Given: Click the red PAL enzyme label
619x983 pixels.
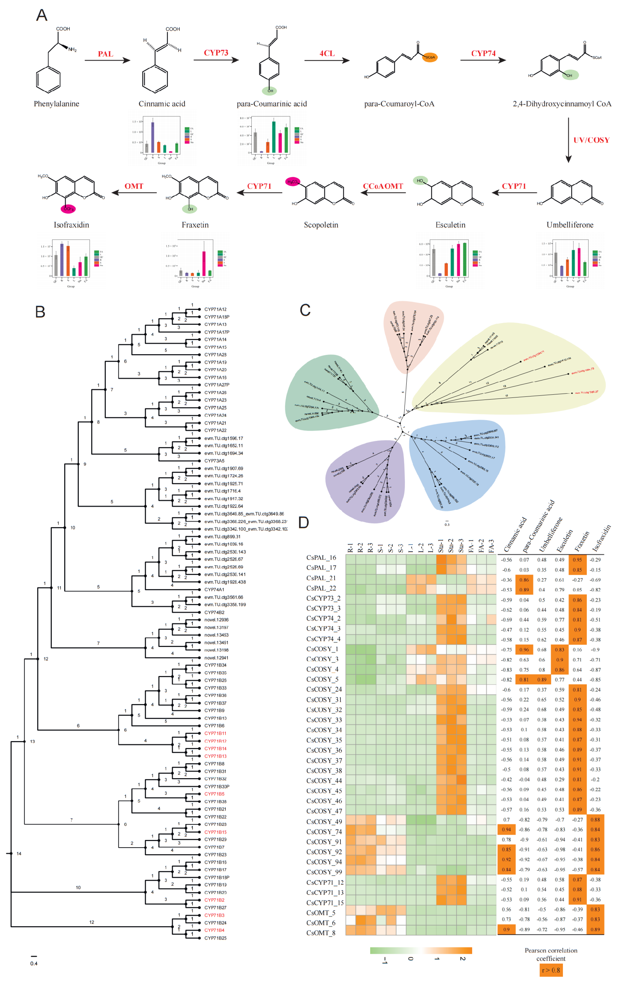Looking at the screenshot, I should (105, 54).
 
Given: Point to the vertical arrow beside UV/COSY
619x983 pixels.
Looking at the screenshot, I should (568, 140).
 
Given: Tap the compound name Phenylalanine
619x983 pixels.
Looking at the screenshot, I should (56, 104).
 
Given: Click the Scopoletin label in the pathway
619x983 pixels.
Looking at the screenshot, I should (321, 225).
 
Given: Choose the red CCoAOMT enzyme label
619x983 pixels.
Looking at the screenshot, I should (383, 186).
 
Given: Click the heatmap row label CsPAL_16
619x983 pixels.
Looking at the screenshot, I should (321, 558).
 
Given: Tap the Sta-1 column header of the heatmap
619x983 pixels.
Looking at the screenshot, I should (441, 546).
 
